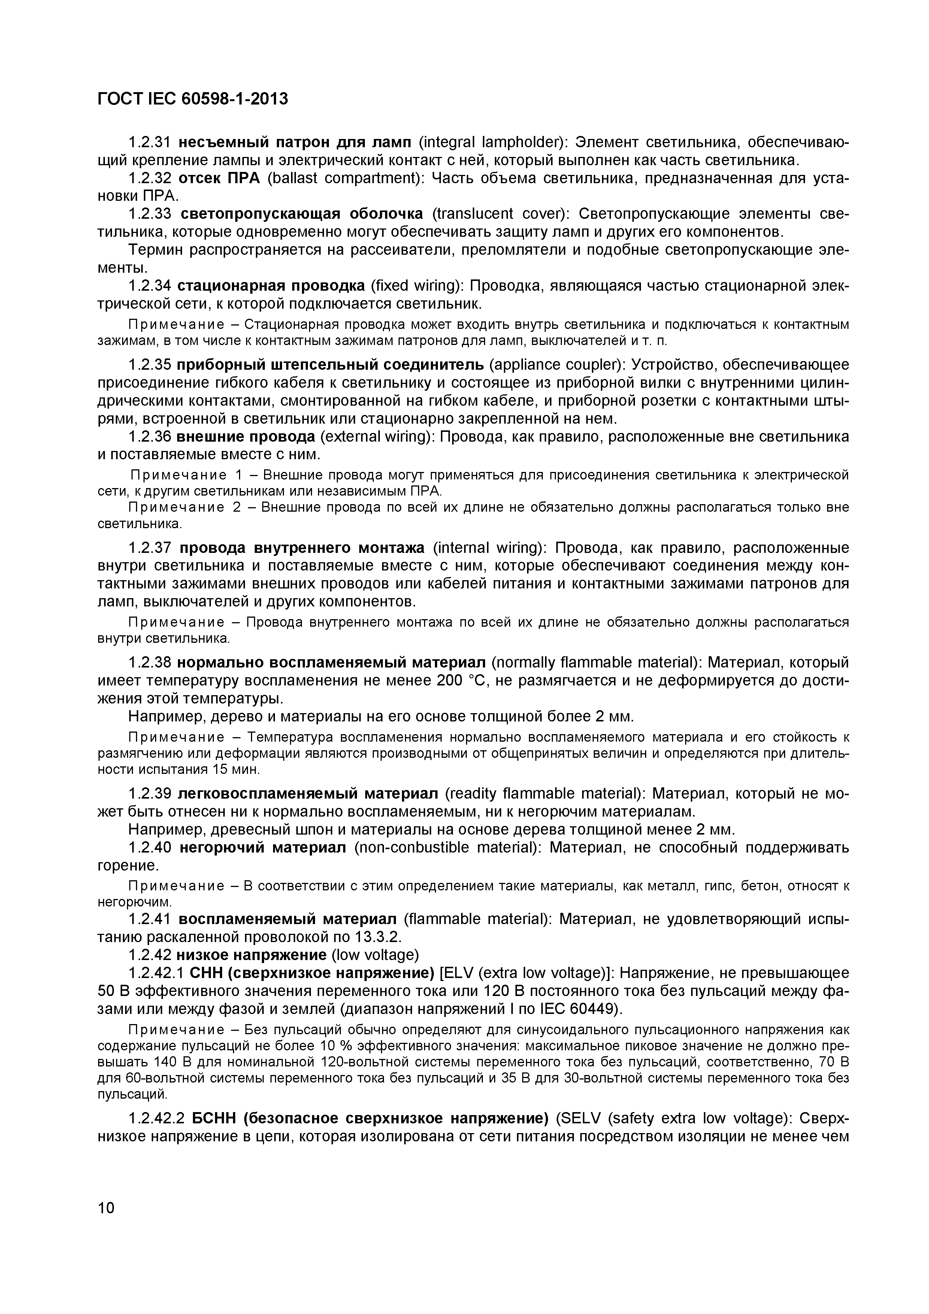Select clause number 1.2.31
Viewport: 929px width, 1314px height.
click(150, 141)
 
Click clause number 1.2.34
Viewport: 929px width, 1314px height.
click(150, 285)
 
